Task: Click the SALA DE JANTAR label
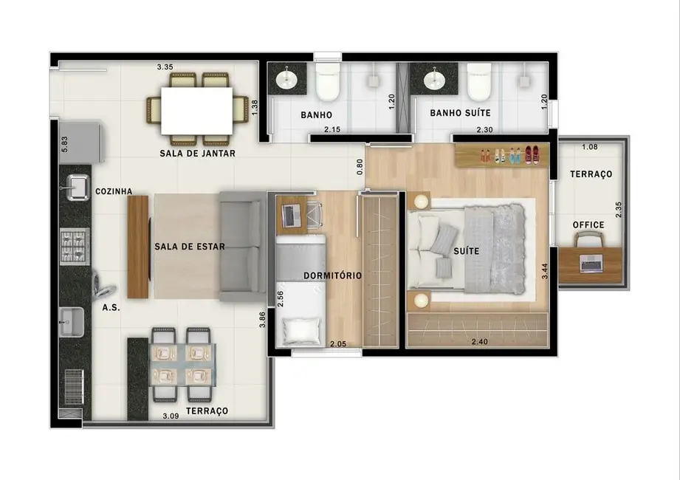pyautogui.click(x=197, y=154)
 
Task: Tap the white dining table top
pyautogui.click(x=196, y=111)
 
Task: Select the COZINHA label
pyautogui.click(x=114, y=191)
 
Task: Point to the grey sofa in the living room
pyautogui.click(x=242, y=246)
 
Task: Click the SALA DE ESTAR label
pyautogui.click(x=189, y=247)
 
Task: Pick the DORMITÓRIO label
pyautogui.click(x=332, y=275)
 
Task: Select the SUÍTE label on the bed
pyautogui.click(x=467, y=251)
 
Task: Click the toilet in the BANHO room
pyautogui.click(x=326, y=83)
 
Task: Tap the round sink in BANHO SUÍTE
pyautogui.click(x=434, y=78)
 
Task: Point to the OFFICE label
pyautogui.click(x=588, y=225)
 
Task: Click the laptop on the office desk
pyautogui.click(x=591, y=262)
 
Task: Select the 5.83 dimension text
pyautogui.click(x=65, y=145)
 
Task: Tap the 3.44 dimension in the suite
pyautogui.click(x=546, y=270)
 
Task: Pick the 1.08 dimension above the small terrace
pyautogui.click(x=590, y=147)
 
